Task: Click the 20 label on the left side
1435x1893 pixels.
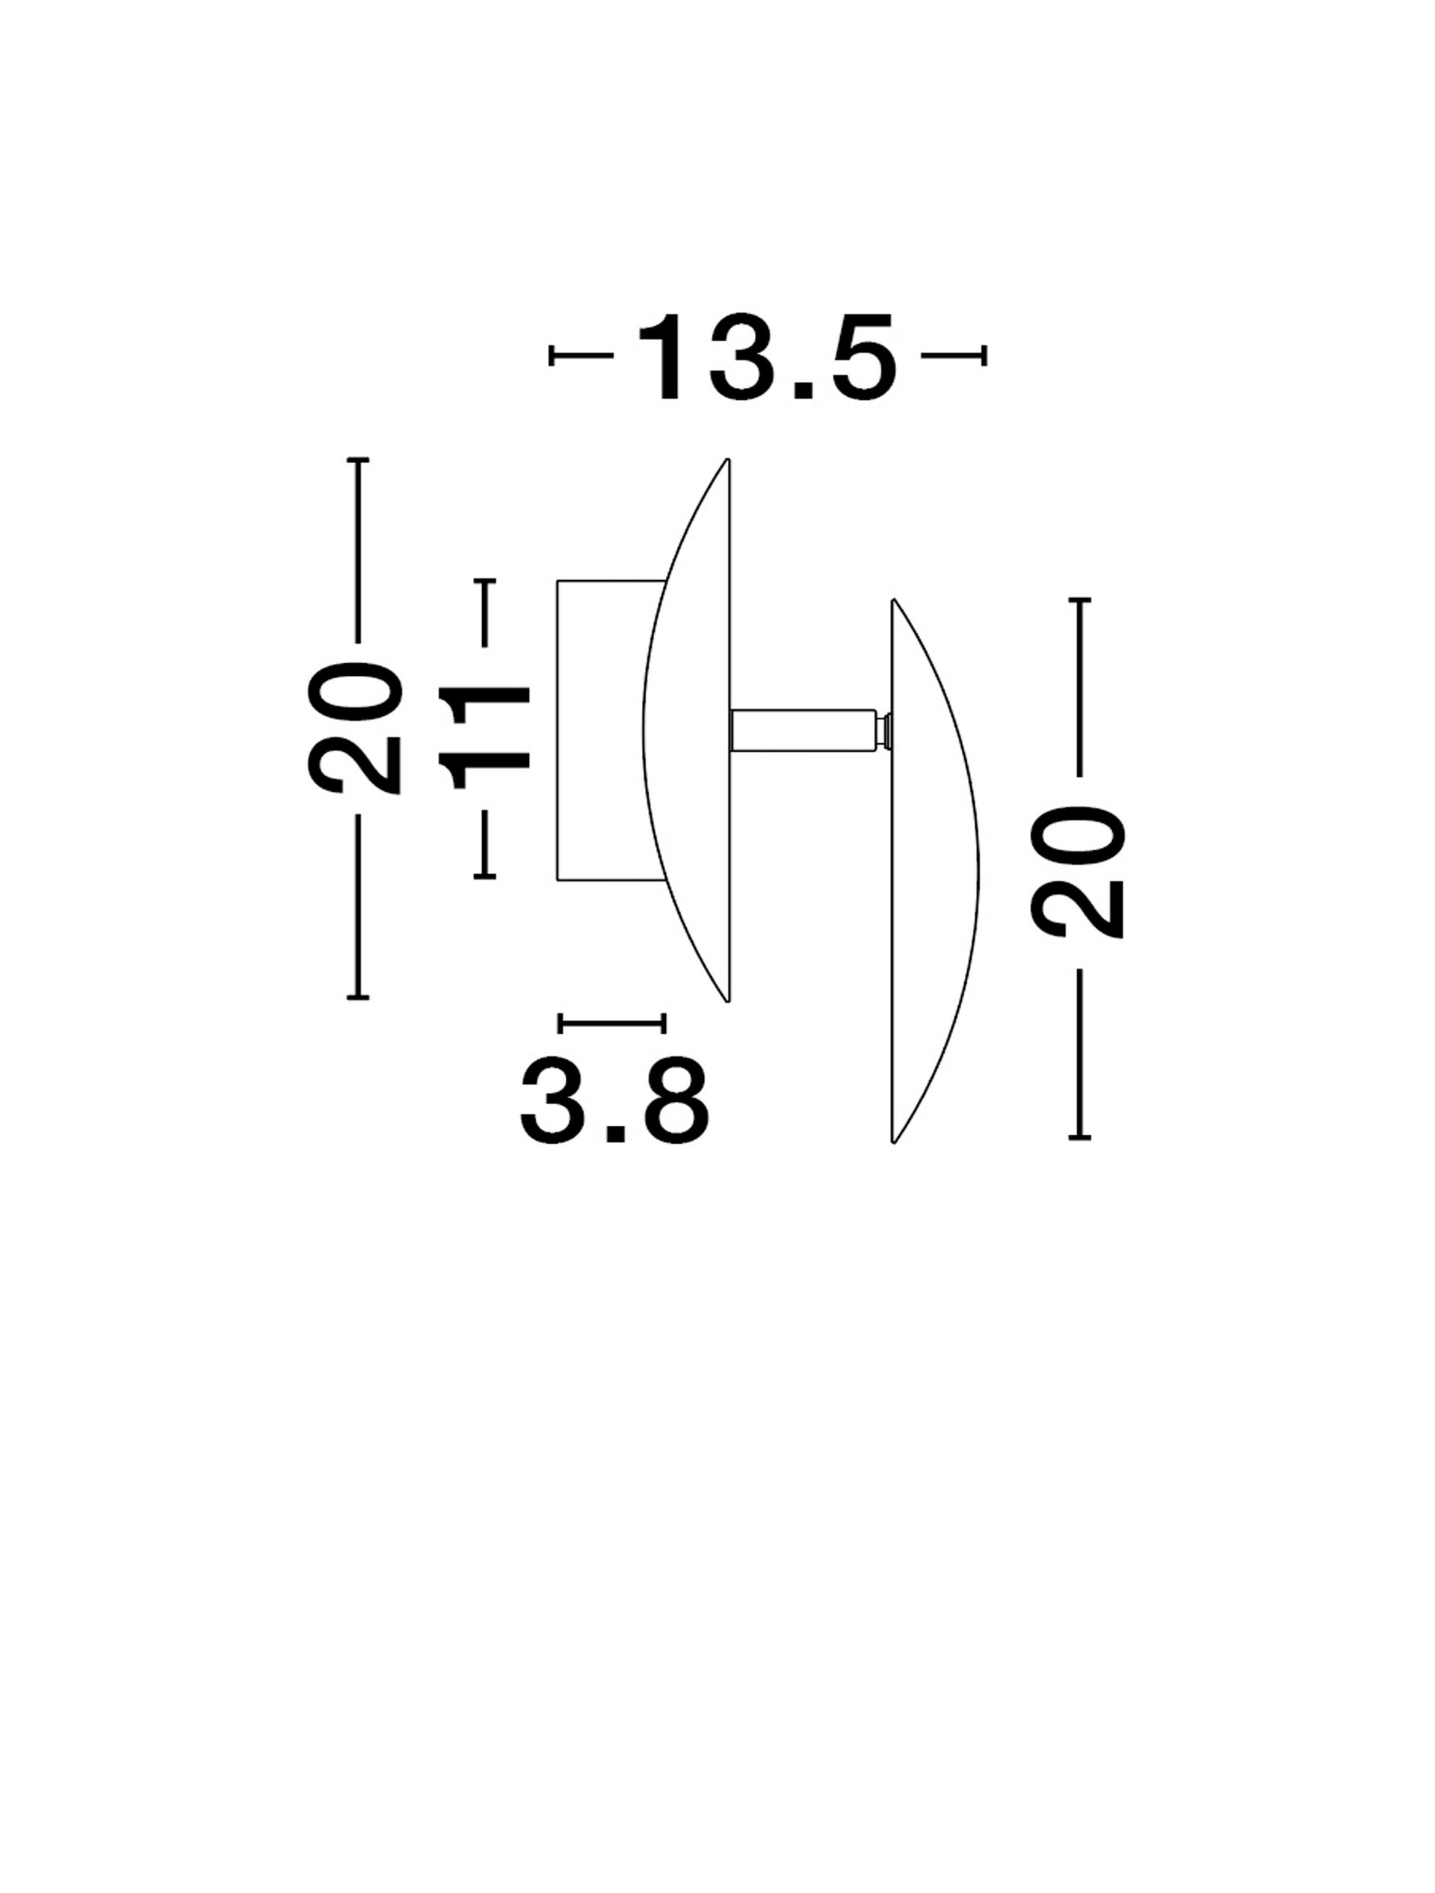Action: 354,729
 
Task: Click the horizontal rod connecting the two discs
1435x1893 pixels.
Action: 803,731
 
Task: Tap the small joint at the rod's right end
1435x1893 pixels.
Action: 884,731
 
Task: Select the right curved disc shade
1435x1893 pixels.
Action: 935,870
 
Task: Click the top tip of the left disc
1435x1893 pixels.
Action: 727,460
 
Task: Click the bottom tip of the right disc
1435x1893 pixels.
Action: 893,1141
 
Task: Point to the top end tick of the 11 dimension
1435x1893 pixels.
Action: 485,582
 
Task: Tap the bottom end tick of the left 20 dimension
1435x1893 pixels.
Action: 358,997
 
